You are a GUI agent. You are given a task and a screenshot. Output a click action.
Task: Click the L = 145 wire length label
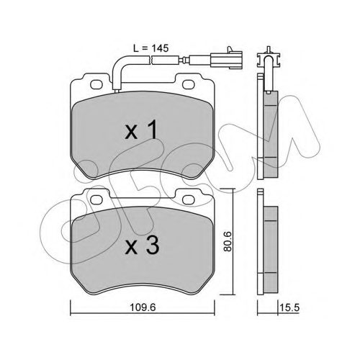(x=151, y=48)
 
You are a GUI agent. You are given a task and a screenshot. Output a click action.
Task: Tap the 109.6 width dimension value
(x=143, y=307)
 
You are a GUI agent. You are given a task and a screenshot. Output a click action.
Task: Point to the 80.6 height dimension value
(x=227, y=241)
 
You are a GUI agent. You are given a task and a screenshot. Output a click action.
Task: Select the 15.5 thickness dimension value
(x=289, y=307)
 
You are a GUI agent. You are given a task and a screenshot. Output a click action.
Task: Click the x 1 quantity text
(x=141, y=130)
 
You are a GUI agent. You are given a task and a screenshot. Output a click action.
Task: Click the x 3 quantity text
(x=142, y=245)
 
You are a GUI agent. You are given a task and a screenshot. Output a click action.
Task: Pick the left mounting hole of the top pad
(x=96, y=84)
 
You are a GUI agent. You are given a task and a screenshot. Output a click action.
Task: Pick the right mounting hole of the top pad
(x=188, y=84)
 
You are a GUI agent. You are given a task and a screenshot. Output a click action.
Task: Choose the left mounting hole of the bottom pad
(x=96, y=199)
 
